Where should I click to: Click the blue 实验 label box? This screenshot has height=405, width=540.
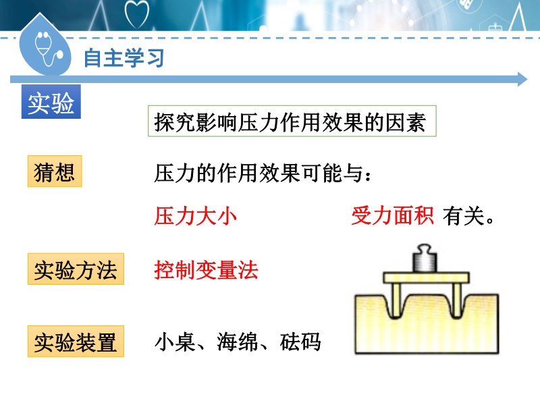click(51, 102)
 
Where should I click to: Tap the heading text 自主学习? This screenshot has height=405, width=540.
click(124, 58)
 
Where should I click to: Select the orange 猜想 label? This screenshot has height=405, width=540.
click(55, 171)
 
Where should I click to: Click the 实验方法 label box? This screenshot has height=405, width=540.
click(76, 269)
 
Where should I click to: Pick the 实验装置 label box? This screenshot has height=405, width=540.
click(76, 342)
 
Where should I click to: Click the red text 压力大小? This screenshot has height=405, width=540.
click(195, 216)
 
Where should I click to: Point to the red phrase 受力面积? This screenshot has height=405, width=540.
click(392, 216)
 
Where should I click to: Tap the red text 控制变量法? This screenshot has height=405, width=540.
click(206, 269)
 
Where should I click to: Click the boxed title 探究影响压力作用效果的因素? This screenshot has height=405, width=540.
click(292, 122)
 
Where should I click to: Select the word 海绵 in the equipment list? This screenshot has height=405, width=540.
click(238, 342)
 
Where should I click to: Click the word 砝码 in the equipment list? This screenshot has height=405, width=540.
click(300, 342)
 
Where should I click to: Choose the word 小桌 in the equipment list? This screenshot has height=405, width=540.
click(175, 342)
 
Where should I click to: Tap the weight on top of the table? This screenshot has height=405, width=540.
click(425, 259)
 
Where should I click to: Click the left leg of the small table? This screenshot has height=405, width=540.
click(396, 300)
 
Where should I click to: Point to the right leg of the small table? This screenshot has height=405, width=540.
click(457, 300)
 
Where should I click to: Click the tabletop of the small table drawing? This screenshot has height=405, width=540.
click(427, 277)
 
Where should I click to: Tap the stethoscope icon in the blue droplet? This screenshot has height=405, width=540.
click(48, 49)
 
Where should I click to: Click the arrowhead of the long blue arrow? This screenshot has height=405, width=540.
click(522, 80)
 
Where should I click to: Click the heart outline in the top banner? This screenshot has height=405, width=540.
click(137, 13)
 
